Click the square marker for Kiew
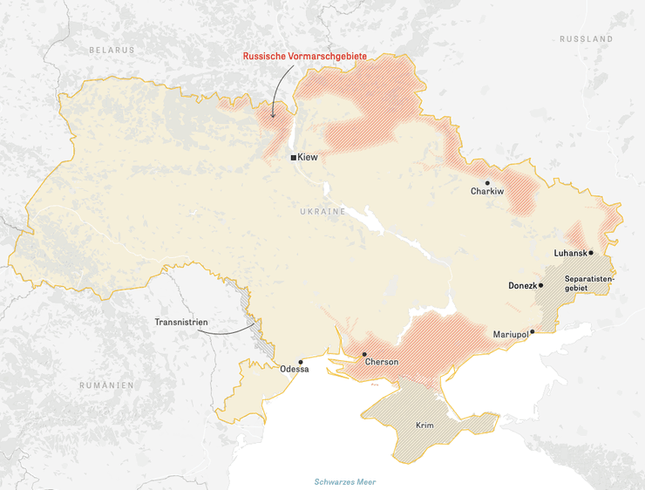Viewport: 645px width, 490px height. pyautogui.click(x=293, y=158)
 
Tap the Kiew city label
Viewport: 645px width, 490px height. pyautogui.click(x=308, y=158)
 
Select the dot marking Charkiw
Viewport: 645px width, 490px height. pyautogui.click(x=487, y=183)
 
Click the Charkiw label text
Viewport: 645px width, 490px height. pyautogui.click(x=487, y=192)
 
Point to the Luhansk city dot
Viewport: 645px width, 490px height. pyautogui.click(x=591, y=253)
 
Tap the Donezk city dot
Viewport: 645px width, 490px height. pyautogui.click(x=540, y=285)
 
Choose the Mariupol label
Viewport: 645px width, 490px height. pyautogui.click(x=510, y=335)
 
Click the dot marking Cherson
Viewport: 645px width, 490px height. pyautogui.click(x=364, y=354)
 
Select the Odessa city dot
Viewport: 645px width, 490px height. pyautogui.click(x=301, y=362)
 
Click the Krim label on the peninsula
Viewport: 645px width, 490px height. pyautogui.click(x=425, y=425)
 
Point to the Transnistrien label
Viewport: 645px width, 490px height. pyautogui.click(x=181, y=323)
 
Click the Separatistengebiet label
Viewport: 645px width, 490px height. pyautogui.click(x=588, y=283)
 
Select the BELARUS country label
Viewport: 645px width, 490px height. pyautogui.click(x=112, y=51)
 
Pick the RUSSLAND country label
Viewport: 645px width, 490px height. pyautogui.click(x=586, y=39)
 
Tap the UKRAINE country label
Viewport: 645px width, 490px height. pyautogui.click(x=322, y=212)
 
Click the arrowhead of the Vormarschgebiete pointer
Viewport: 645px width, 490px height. pyautogui.click(x=272, y=116)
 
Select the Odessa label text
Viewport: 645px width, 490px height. pyautogui.click(x=295, y=370)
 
